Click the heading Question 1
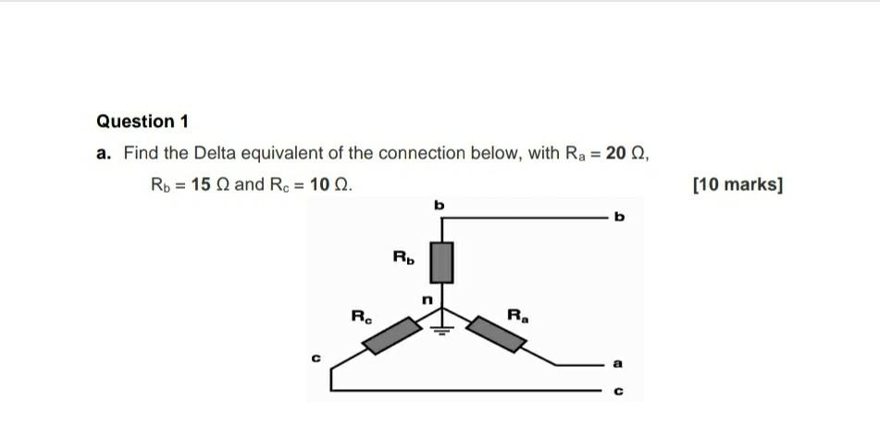pyautogui.click(x=143, y=121)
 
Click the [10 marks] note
pyautogui.click(x=737, y=184)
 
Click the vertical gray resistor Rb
pyautogui.click(x=442, y=262)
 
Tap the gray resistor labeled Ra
pyautogui.click(x=497, y=334)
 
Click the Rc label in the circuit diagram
pyautogui.click(x=360, y=315)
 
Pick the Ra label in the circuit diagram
pyautogui.click(x=518, y=315)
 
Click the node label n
pyautogui.click(x=427, y=299)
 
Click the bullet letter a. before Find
pyautogui.click(x=103, y=153)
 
